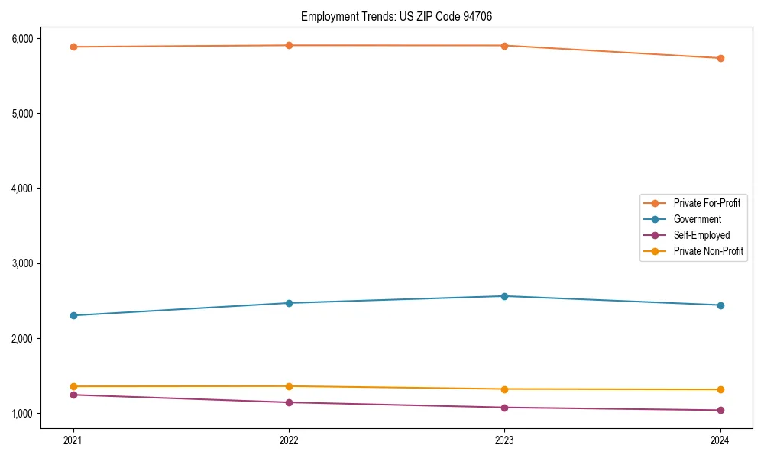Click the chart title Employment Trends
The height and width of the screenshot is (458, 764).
click(402, 16)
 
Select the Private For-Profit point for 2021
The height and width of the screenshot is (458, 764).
click(73, 47)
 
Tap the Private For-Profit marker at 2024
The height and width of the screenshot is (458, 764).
click(720, 58)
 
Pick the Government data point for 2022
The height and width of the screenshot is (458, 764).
click(289, 303)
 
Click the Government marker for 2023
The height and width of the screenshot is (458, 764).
click(504, 296)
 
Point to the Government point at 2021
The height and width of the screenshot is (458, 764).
click(73, 315)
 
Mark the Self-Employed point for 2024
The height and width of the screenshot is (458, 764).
click(720, 410)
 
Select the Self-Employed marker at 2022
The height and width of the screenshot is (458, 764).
click(289, 402)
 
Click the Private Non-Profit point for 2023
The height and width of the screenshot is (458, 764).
click(504, 389)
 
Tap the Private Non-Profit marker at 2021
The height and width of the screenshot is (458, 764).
click(73, 386)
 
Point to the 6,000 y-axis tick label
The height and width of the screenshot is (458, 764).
click(21, 39)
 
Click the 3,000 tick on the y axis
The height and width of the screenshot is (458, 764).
click(21, 263)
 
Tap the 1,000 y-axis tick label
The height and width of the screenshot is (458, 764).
click(21, 414)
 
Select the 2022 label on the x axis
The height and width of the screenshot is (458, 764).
click(289, 440)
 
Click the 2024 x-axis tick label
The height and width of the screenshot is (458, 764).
click(720, 440)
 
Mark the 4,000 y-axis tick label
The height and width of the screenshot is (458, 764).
click(21, 189)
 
